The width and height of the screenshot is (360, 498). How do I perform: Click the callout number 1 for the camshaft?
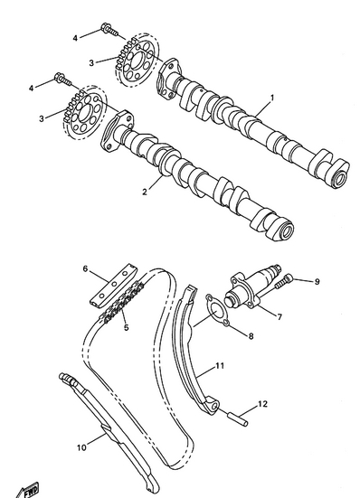click(x=271, y=98)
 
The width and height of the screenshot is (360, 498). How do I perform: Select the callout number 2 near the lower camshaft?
click(x=145, y=192)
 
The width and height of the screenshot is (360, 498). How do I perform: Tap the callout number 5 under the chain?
click(x=127, y=327)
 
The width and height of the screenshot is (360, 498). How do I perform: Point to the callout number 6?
click(x=85, y=268)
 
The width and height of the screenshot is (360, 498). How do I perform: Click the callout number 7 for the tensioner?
click(x=279, y=317)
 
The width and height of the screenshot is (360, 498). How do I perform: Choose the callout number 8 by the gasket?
click(x=251, y=335)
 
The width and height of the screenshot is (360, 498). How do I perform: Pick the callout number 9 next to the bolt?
click(x=317, y=282)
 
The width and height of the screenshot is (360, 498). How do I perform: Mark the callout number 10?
click(x=81, y=447)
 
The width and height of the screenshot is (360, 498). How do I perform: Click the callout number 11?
click(x=220, y=366)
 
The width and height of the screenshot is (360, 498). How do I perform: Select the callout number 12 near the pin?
click(x=262, y=404)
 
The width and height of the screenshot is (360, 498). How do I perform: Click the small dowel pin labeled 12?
click(x=238, y=418)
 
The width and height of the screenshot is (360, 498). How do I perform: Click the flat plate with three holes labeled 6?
click(x=113, y=286)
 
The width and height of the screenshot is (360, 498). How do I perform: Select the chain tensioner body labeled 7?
click(x=252, y=287)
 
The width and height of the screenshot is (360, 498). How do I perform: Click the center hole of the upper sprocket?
click(x=137, y=60)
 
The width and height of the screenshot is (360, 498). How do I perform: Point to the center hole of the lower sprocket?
click(x=85, y=113)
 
